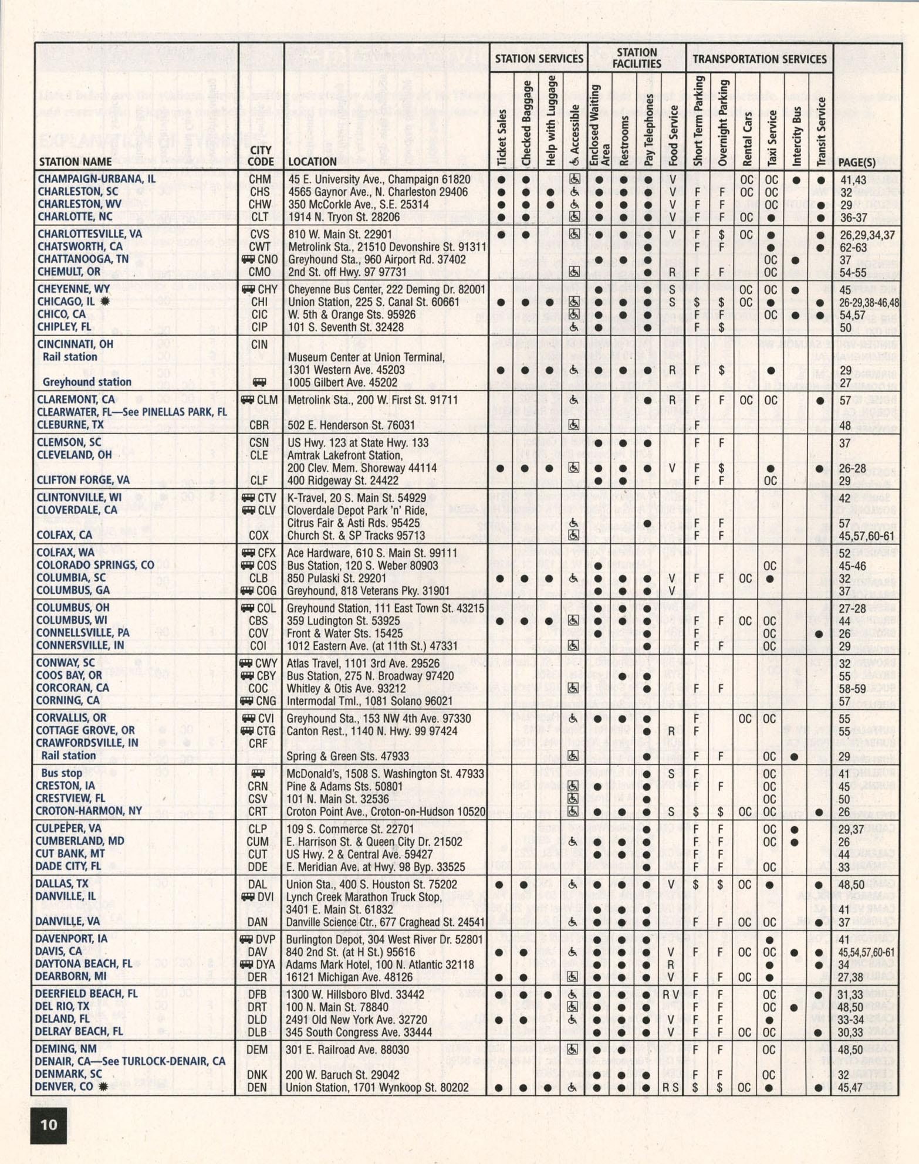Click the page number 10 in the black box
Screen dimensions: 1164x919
pos(49,1124)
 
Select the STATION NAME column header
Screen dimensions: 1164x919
pos(75,162)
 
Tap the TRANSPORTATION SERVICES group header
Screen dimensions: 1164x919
pos(759,59)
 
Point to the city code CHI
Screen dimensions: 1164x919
pos(259,302)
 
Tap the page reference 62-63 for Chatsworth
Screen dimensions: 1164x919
pos(853,247)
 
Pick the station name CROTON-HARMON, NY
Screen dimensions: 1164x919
pos(89,811)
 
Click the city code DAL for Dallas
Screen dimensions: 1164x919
pos(258,884)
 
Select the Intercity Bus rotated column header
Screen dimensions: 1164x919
pos(796,136)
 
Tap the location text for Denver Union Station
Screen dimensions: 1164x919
pos(377,1087)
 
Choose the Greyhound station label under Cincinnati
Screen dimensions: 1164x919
pos(86,382)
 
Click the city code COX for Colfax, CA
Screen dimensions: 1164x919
pos(258,535)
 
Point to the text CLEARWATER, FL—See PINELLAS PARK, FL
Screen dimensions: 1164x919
pos(131,412)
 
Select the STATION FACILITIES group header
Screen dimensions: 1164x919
pos(637,58)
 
